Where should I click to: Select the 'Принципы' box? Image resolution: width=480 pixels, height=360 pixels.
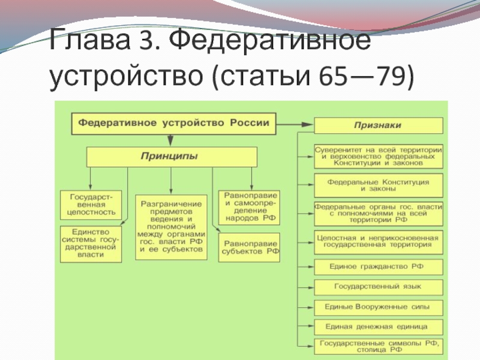pyautogui.click(x=171, y=157)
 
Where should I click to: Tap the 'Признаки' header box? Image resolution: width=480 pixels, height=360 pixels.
pyautogui.click(x=379, y=125)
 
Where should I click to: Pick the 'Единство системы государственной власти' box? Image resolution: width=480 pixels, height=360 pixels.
pyautogui.click(x=91, y=244)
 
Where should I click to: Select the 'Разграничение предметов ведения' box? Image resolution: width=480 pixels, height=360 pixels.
pyautogui.click(x=171, y=227)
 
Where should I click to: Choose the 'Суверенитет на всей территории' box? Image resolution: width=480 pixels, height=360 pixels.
pyautogui.click(x=379, y=155)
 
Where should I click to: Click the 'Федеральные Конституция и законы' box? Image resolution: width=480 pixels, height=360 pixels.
pyautogui.click(x=379, y=185)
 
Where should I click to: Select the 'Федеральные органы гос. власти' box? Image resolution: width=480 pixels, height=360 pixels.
pyautogui.click(x=379, y=214)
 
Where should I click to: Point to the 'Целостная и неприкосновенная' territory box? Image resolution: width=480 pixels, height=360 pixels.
pyautogui.click(x=379, y=241)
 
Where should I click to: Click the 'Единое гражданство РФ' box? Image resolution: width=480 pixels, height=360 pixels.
pyautogui.click(x=379, y=266)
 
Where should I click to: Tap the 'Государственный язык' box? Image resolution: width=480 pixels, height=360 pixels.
pyautogui.click(x=379, y=287)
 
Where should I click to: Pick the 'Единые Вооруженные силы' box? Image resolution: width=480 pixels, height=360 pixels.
pyautogui.click(x=379, y=307)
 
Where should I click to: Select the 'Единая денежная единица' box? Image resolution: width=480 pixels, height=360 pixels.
pyautogui.click(x=379, y=327)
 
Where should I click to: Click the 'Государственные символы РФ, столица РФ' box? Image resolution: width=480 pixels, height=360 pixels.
pyautogui.click(x=379, y=346)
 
